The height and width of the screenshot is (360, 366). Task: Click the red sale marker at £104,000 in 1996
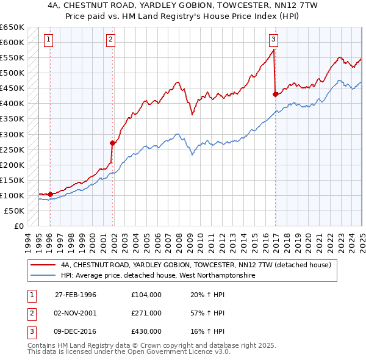50,194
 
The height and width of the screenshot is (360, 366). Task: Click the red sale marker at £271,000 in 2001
113,143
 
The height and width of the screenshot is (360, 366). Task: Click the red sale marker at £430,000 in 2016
275,94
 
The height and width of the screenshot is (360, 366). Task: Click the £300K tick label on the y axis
12,134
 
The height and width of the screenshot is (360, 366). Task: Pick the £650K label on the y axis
12,27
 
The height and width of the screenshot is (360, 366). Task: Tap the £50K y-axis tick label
15,211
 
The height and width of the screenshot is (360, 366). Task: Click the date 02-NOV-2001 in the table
76,313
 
